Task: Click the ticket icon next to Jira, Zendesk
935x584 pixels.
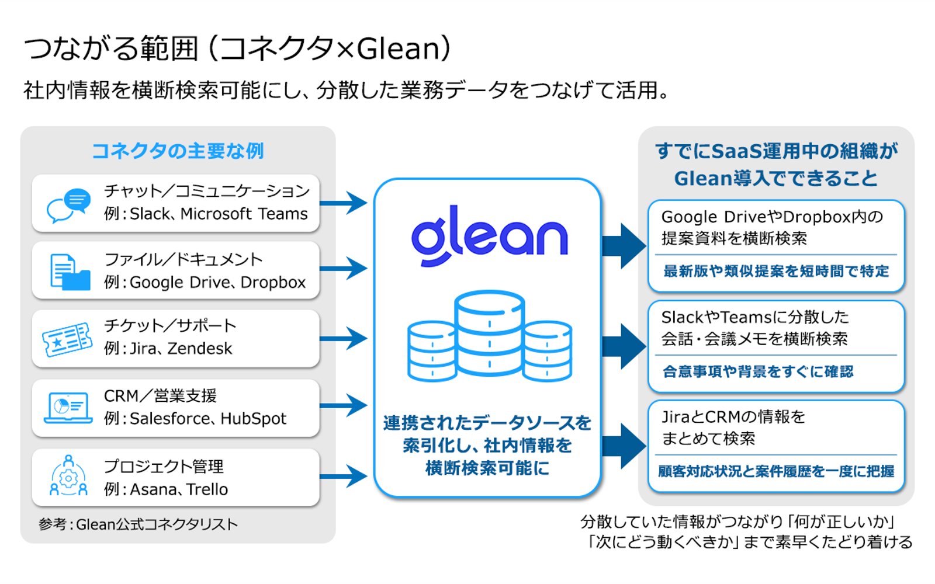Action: click(x=67, y=339)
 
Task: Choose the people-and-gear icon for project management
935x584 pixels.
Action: click(x=68, y=477)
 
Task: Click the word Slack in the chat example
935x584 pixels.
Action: click(x=150, y=214)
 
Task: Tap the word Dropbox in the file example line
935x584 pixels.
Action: click(x=273, y=283)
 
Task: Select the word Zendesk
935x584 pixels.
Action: click(x=200, y=349)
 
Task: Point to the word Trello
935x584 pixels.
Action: click(x=207, y=489)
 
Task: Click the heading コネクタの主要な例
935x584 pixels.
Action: click(x=178, y=151)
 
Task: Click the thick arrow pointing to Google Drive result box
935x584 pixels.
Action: click(x=624, y=246)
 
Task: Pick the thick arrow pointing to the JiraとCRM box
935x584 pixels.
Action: click(x=624, y=446)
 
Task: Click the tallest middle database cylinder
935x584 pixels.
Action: click(x=489, y=333)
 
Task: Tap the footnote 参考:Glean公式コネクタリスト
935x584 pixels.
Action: click(x=138, y=524)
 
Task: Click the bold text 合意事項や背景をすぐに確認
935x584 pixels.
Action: click(x=757, y=371)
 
